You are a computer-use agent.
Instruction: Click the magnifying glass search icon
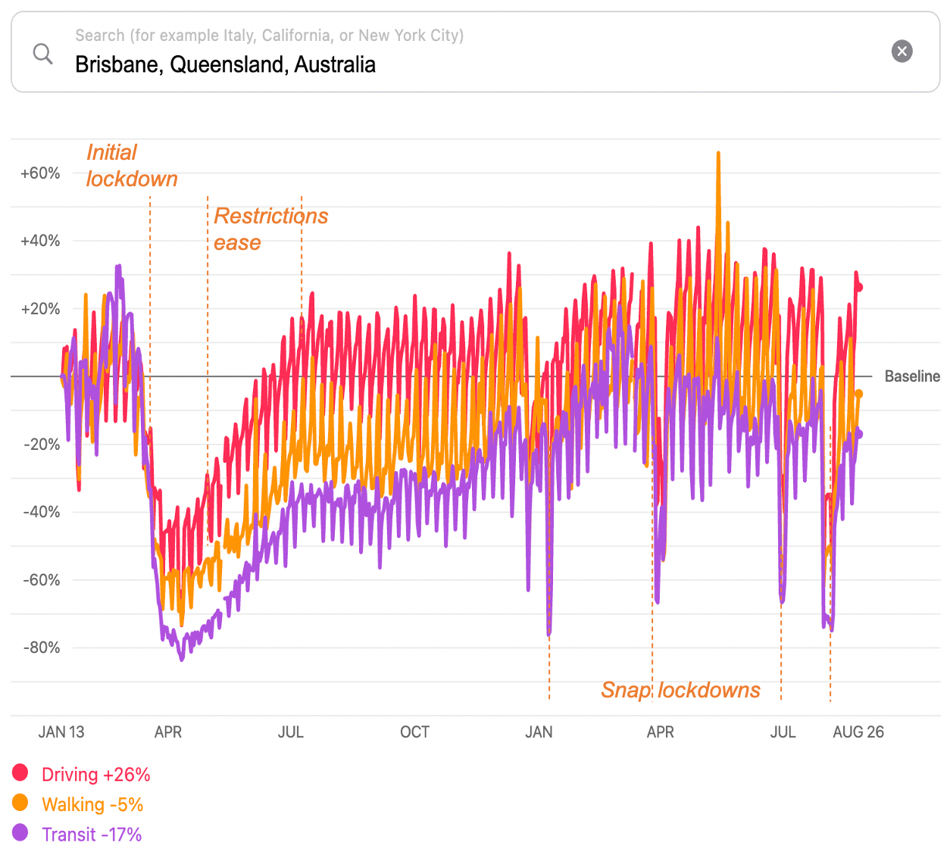tap(43, 54)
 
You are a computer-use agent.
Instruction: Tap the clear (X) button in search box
tap(902, 51)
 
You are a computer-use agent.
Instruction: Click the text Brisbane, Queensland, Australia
tap(225, 64)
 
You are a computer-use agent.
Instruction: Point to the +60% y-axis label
tap(40, 173)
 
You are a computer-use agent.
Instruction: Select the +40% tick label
tap(40, 241)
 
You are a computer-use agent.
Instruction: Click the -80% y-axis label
tap(42, 648)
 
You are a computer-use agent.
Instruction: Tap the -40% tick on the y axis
tap(42, 512)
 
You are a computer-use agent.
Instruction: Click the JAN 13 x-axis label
tap(61, 732)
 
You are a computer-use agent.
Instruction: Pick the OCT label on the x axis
tap(414, 732)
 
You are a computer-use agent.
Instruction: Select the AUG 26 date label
tap(858, 732)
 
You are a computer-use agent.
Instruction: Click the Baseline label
tap(912, 376)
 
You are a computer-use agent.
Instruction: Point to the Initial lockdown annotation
tap(132, 166)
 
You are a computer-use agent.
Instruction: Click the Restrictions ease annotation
tap(270, 229)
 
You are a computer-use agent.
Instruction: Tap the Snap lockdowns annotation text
tap(680, 690)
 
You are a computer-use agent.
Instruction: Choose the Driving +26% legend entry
tap(95, 775)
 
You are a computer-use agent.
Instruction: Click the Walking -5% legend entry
tap(92, 804)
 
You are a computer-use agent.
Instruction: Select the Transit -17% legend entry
tap(92, 835)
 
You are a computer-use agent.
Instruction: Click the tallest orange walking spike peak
tap(717, 154)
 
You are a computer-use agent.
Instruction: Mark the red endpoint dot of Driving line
tap(859, 287)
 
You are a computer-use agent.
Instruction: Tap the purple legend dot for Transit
tap(20, 833)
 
